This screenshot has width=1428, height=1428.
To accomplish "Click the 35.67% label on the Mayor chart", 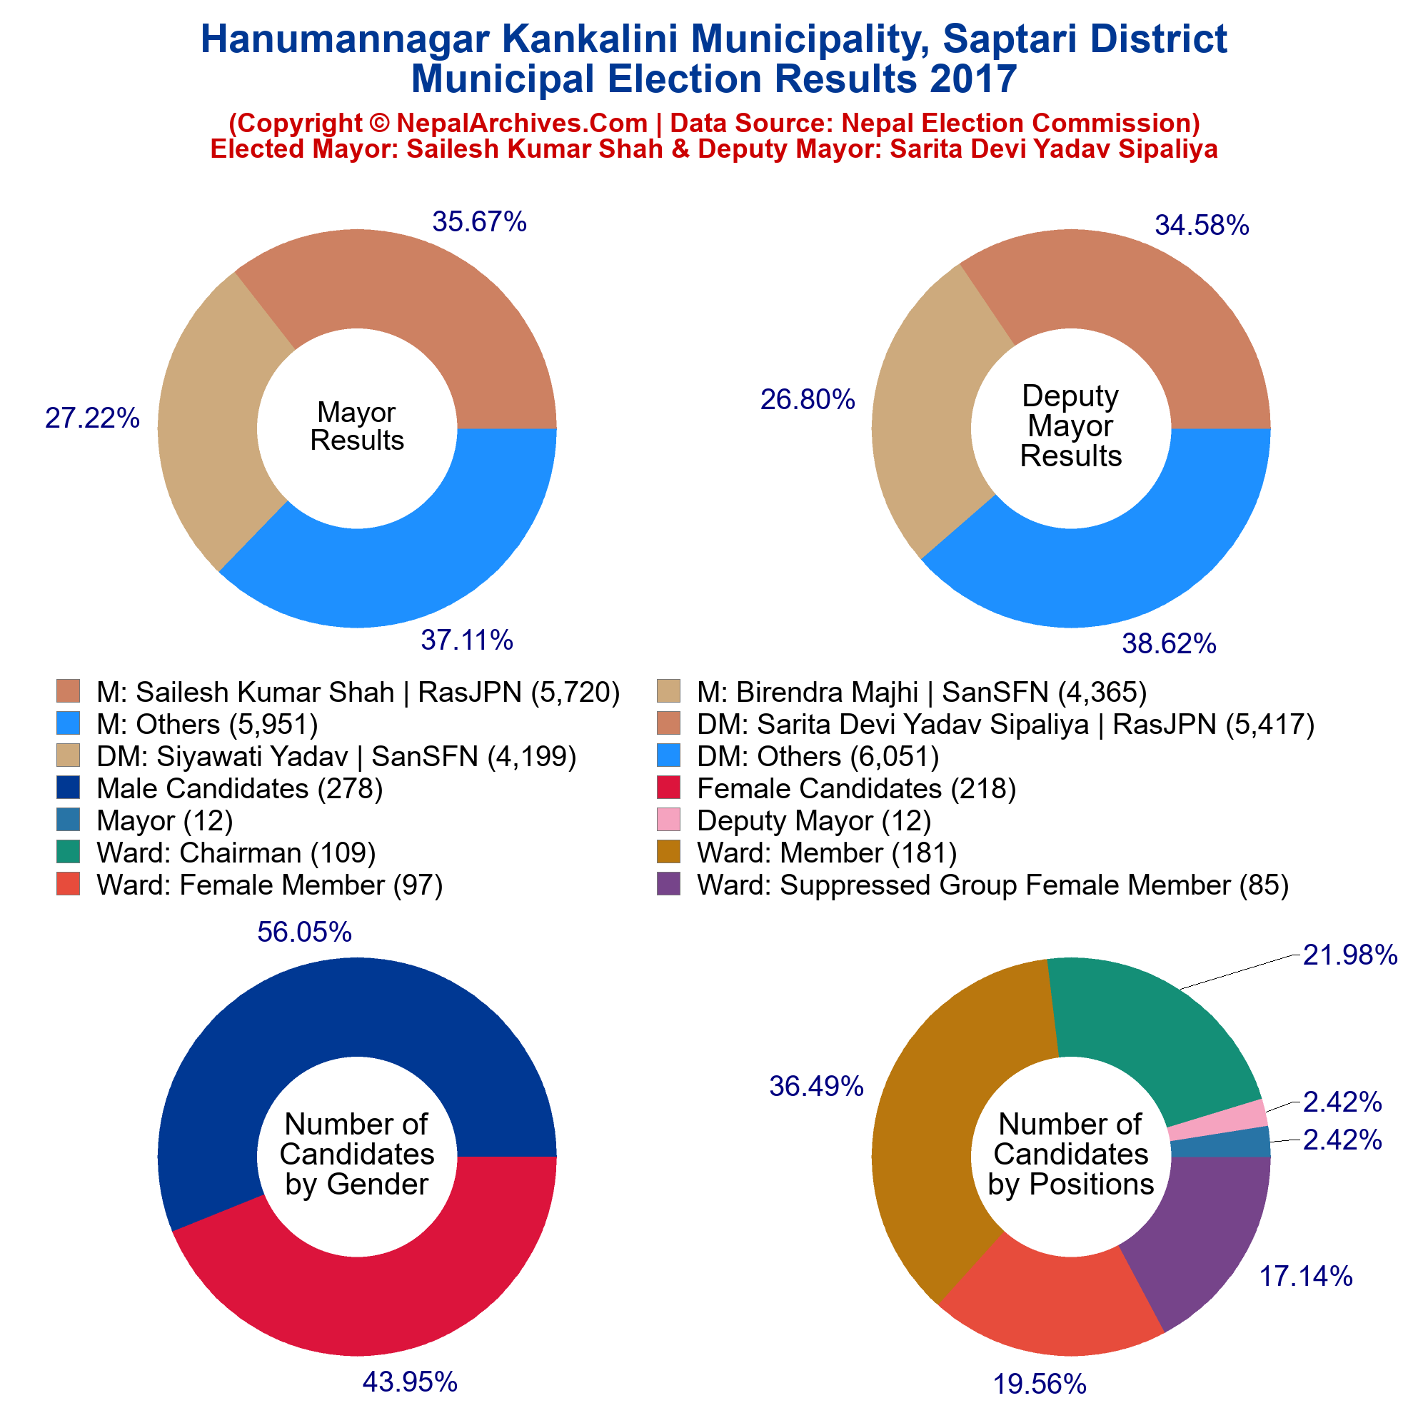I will point(479,222).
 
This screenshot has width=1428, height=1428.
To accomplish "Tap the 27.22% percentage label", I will point(92,418).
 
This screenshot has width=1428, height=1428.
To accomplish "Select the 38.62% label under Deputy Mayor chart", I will point(1169,645).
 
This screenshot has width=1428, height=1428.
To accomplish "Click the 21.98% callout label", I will point(1349,956).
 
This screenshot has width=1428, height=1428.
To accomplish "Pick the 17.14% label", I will point(1305,1276).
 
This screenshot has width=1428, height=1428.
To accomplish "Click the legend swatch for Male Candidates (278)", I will point(68,789).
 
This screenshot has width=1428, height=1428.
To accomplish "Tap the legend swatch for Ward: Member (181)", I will point(668,853).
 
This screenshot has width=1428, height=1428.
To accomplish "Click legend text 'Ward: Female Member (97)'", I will point(269,885).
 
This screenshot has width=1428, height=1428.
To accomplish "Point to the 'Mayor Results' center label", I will point(357,426).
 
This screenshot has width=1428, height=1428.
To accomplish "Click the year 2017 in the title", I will point(973,79).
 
